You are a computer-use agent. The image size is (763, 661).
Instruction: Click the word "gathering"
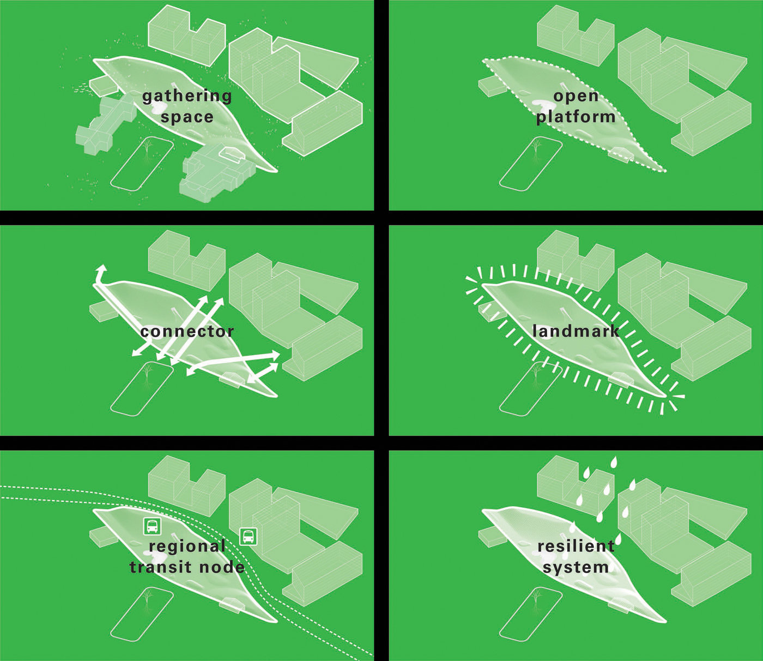[187, 97]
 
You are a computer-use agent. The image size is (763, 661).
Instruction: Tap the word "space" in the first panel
[187, 117]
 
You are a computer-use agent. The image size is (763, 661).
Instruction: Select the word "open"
[576, 97]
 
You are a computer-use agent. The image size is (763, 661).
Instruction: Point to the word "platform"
[576, 117]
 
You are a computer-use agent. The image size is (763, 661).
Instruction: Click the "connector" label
[187, 332]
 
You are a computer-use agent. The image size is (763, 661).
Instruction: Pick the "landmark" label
[576, 330]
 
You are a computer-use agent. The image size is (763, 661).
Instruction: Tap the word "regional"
[187, 546]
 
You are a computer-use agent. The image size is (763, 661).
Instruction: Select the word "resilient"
[576, 546]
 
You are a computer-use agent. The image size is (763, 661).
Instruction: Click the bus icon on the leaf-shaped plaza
[152, 526]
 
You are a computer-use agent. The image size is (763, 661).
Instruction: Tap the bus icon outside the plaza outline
[249, 536]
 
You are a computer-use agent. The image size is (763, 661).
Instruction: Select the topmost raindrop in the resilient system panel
[614, 462]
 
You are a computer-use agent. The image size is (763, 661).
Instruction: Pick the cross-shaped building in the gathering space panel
[106, 125]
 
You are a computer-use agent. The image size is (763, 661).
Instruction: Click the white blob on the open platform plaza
[541, 106]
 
